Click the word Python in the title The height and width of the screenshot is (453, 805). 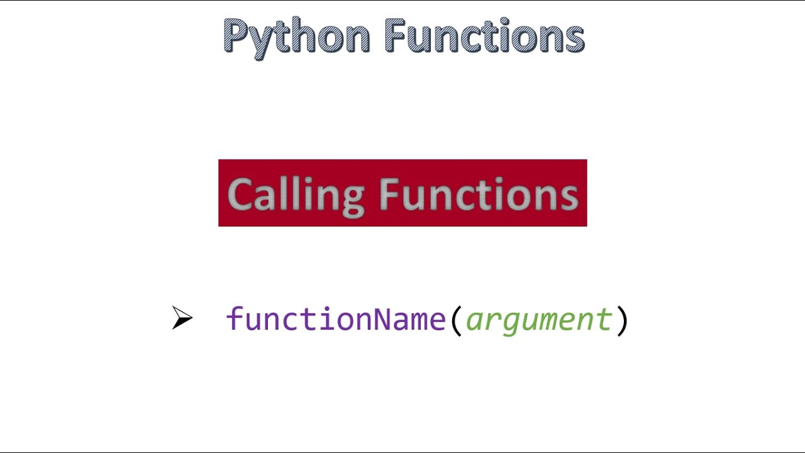[296, 36]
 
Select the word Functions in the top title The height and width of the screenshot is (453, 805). [484, 36]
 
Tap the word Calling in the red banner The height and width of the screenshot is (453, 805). [296, 194]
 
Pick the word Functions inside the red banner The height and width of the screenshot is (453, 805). [479, 194]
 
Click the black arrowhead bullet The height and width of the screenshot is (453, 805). [182, 318]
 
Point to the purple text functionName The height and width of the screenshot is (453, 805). [336, 320]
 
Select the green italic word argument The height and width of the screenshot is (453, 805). [539, 320]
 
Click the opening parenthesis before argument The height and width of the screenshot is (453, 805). [456, 320]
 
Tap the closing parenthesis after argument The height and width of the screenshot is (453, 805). [621, 320]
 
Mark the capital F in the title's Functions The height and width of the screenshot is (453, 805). [395, 36]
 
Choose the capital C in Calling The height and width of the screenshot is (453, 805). [239, 194]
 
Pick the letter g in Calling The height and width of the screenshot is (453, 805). [353, 199]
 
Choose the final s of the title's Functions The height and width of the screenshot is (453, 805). [574, 39]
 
